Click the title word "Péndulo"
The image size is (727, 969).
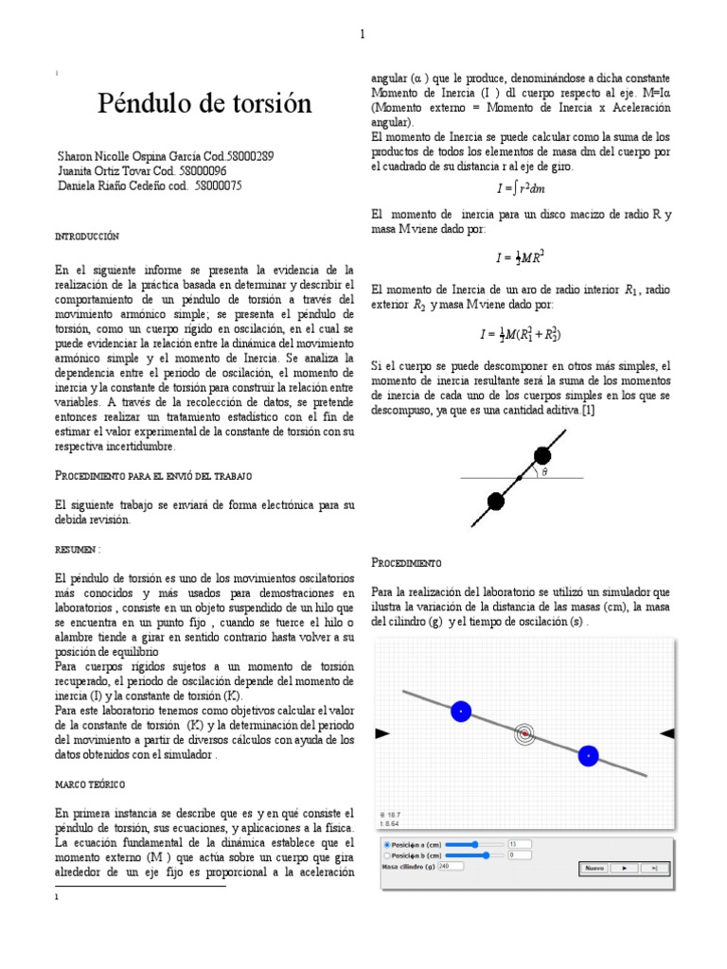[146, 104]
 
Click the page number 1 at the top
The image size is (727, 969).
[362, 35]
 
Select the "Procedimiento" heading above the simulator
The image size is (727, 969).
[406, 562]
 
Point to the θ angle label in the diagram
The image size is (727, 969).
[544, 473]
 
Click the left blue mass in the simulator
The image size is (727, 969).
[461, 711]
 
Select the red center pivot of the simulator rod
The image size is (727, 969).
[524, 733]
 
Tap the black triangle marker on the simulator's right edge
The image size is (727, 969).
[666, 732]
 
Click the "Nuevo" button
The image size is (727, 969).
[594, 867]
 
